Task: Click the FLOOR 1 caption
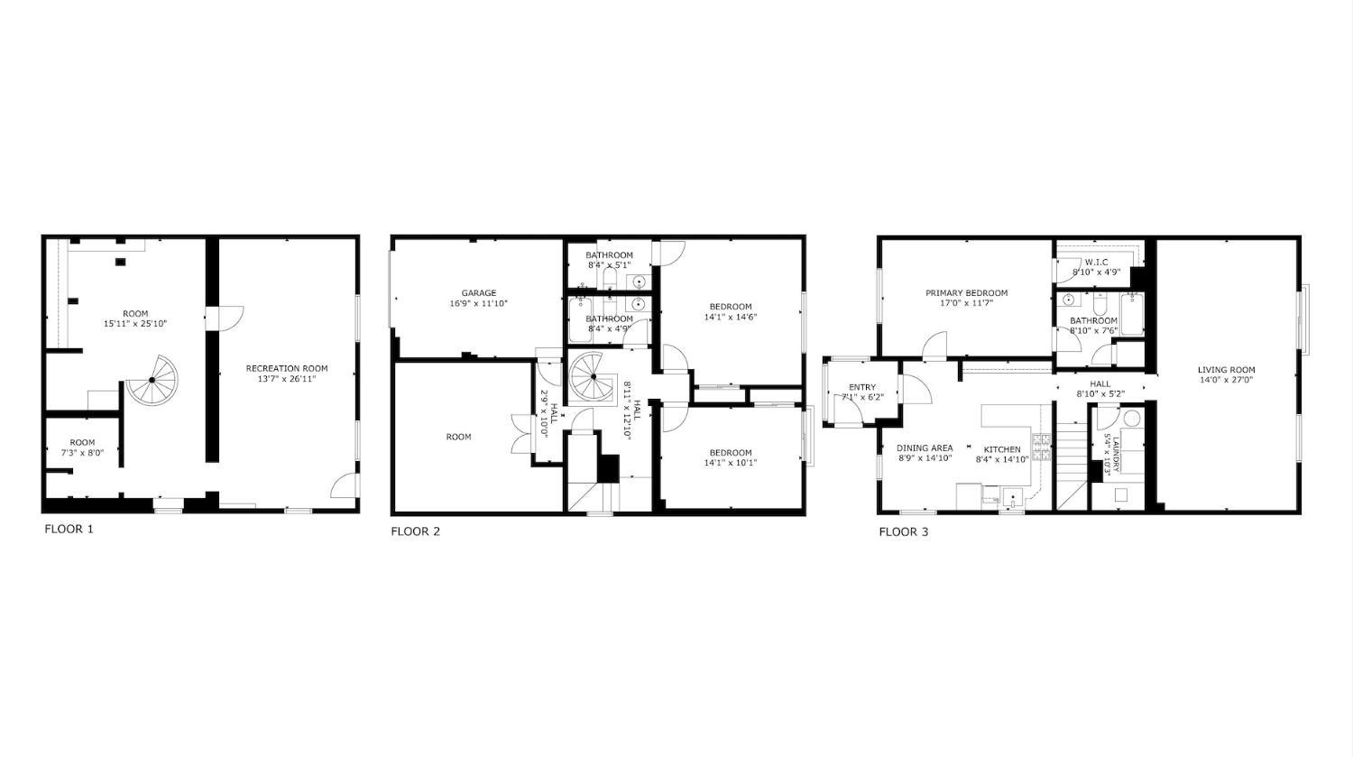[x=69, y=530]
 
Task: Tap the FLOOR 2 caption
[x=416, y=531]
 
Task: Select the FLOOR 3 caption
[x=904, y=532]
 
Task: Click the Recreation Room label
[x=287, y=368]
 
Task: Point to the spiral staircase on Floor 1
[x=152, y=380]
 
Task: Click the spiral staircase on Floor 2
[x=594, y=377]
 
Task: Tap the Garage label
[x=479, y=293]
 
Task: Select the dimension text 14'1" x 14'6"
[x=731, y=317]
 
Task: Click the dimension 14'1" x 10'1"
[x=731, y=463]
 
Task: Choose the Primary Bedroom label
[x=966, y=293]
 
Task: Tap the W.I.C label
[x=1096, y=263]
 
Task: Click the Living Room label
[x=1226, y=370]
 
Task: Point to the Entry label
[x=862, y=387]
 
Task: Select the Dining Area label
[x=925, y=448]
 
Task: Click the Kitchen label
[x=1002, y=449]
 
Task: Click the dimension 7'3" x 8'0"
[x=82, y=453]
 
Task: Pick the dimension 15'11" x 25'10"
[x=135, y=324]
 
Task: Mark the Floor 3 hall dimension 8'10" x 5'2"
[x=1100, y=394]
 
